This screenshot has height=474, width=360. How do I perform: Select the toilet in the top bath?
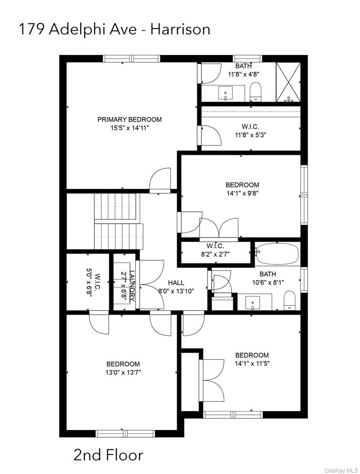coord(256,91)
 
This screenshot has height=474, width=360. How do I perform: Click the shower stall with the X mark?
coord(288,82)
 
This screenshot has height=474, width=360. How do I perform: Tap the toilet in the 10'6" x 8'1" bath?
coord(290,300)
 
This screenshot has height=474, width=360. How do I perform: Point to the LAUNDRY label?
coord(132,286)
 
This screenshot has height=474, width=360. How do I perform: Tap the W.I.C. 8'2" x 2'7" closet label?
coord(215,250)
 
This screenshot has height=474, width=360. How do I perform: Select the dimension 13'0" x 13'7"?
coord(123,372)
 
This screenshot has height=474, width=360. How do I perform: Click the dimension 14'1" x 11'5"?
coord(252,363)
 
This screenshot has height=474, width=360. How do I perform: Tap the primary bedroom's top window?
coord(132,59)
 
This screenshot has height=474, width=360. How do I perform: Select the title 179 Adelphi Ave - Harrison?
coord(114,29)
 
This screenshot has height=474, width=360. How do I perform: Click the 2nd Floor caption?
coord(108,454)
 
